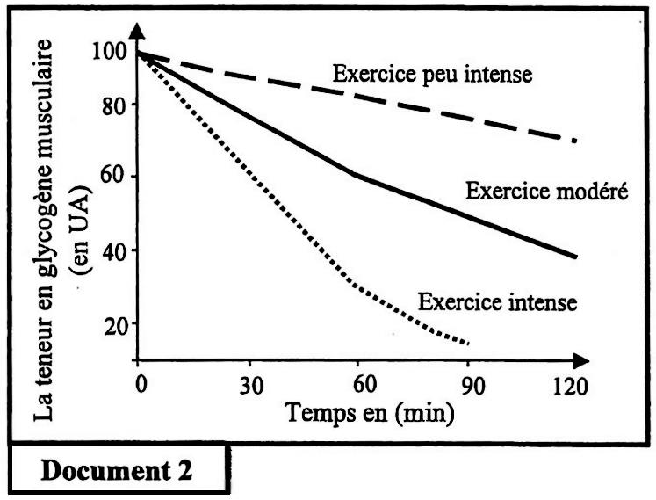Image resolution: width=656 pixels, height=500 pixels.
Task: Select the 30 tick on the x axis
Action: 249,384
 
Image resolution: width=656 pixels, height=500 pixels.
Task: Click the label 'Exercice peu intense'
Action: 433,73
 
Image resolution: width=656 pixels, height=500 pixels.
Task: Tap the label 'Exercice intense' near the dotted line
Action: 497,302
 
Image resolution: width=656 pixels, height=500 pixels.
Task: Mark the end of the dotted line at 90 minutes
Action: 469,343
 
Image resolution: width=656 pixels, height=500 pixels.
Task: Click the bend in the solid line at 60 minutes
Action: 355,175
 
